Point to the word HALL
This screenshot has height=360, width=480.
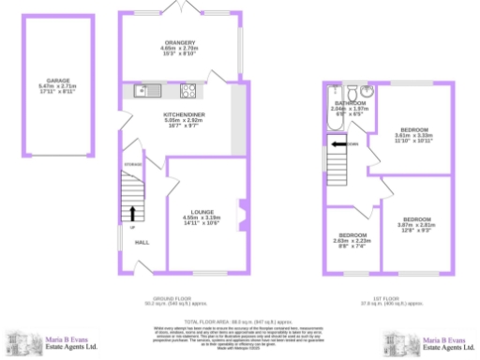click(142, 242)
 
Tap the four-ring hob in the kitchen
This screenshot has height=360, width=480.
click(187, 91)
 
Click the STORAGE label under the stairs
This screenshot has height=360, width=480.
click(132, 164)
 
